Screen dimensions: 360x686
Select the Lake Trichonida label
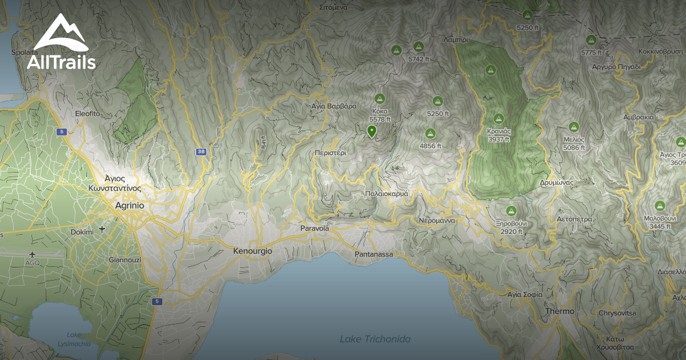375,339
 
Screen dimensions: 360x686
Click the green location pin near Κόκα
372,132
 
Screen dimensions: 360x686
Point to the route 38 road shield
201,152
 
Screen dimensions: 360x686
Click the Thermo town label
560,311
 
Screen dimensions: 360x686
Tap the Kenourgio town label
252,251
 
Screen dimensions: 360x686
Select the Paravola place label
314,229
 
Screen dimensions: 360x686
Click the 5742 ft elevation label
418,59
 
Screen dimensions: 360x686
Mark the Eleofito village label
87,114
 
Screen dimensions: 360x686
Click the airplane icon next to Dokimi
102,230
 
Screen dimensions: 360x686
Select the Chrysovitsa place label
617,313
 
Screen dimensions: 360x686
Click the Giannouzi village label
124,259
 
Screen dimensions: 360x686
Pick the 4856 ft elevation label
430,146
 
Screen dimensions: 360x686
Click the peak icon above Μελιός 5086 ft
574,126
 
